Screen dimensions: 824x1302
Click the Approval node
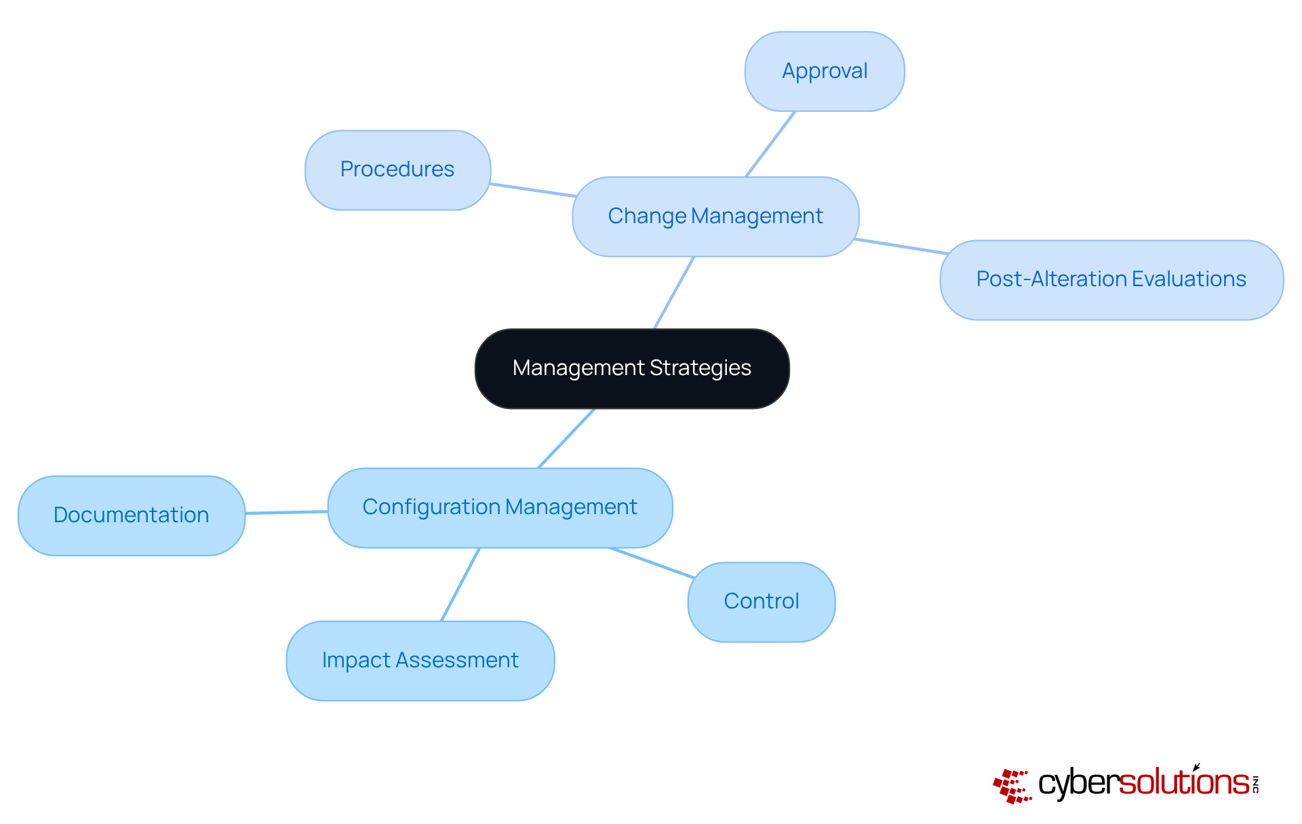tap(825, 71)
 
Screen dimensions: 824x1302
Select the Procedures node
tap(397, 170)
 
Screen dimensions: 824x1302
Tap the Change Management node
tap(715, 216)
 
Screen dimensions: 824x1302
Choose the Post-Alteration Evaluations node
tap(1111, 279)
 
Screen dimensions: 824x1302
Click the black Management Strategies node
tap(632, 368)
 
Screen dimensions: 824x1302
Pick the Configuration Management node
tap(500, 507)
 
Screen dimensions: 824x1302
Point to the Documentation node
tap(131, 515)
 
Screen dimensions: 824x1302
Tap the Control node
tap(762, 602)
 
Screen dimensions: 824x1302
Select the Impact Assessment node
tap(420, 661)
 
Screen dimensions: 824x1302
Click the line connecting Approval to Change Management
tap(770, 144)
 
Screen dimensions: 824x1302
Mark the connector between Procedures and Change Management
tap(533, 190)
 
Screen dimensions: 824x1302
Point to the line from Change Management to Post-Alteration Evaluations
tap(901, 246)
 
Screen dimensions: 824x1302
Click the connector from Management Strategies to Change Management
tap(674, 293)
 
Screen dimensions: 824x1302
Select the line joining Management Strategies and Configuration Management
tap(566, 438)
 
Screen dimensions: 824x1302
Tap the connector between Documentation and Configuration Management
tap(286, 512)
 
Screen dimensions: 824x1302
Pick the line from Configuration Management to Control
tap(652, 563)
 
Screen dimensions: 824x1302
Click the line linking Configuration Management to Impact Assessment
tap(460, 585)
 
